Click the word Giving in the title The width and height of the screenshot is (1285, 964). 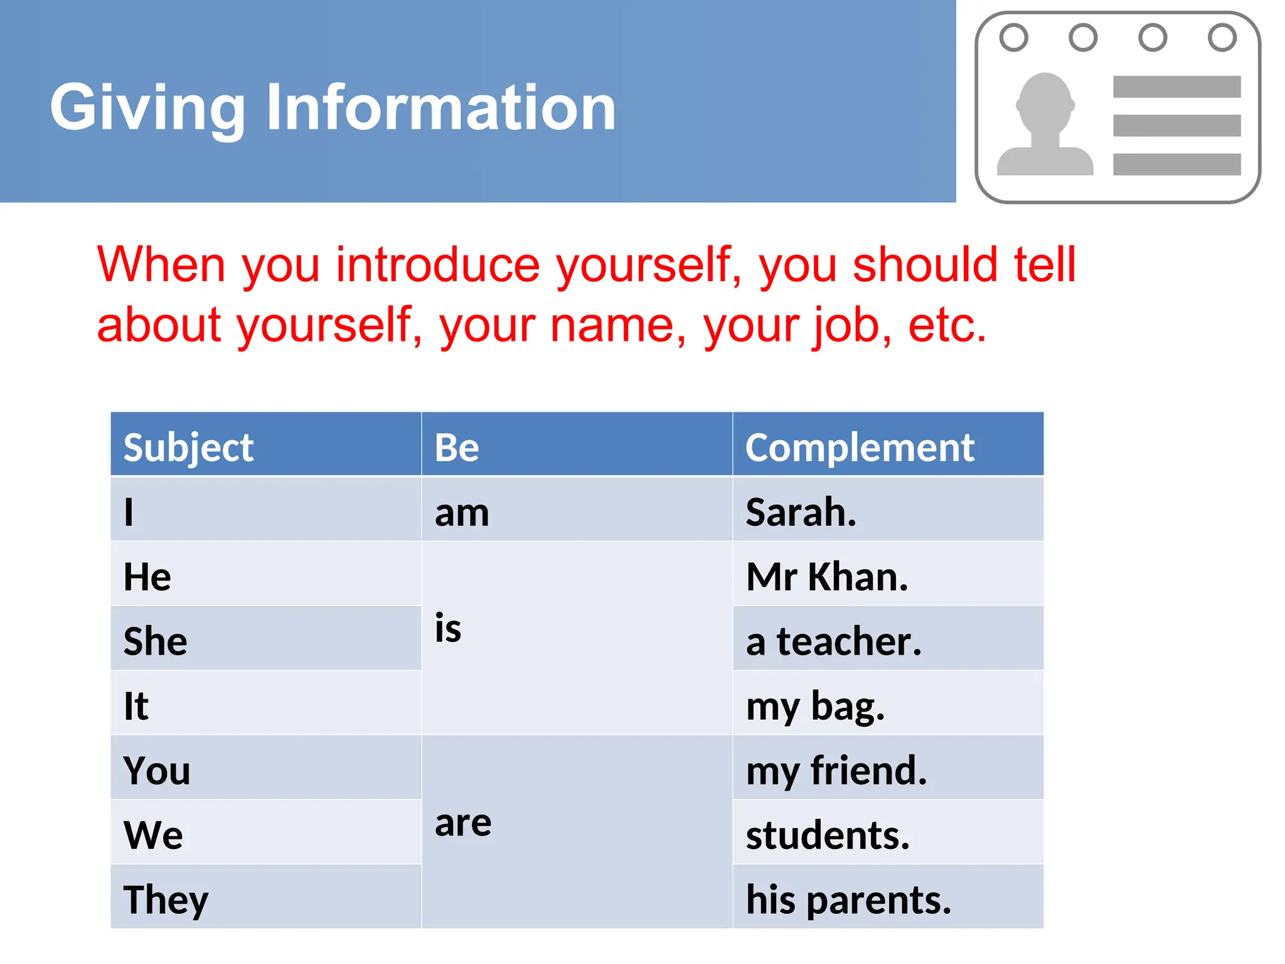pos(147,108)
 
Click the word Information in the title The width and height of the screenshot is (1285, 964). pos(440,108)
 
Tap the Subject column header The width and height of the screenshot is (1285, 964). pos(188,447)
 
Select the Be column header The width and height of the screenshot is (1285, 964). pos(457,447)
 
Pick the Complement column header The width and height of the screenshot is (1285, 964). pos(860,447)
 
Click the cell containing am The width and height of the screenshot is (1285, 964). pos(462,513)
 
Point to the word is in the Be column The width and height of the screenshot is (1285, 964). pos(448,628)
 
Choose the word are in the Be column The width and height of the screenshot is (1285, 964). pos(463,822)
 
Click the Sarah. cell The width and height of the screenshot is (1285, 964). pos(801,512)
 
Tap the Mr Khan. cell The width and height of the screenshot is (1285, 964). pos(827,577)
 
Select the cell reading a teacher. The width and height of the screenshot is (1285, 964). pos(833,641)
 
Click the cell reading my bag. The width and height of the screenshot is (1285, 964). pos(814,706)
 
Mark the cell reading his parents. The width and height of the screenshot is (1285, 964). pos(848,899)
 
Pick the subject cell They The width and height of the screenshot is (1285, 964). pos(166,899)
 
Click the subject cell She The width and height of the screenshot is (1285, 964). pos(156,641)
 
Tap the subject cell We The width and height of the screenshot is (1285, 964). pos(153,835)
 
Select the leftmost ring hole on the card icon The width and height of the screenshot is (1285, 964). pos(1013,37)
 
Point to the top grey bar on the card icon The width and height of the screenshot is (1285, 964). pos(1176,87)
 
